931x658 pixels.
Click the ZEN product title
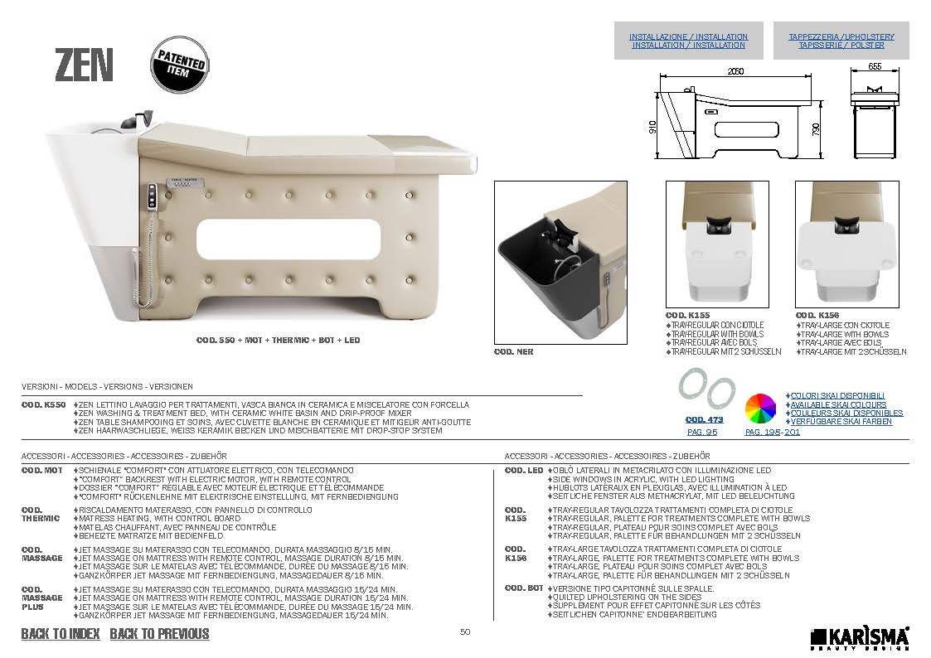(x=84, y=65)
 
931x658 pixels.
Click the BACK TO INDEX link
(x=61, y=634)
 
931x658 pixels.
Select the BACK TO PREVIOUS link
(x=160, y=634)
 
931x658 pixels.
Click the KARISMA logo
(x=860, y=638)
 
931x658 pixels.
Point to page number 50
(x=465, y=631)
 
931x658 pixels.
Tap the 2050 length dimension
(x=735, y=71)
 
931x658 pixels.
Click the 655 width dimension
(x=875, y=66)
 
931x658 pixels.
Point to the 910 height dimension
(x=652, y=127)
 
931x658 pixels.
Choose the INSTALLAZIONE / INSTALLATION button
(x=689, y=41)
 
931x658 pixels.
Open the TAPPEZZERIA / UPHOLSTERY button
(x=841, y=41)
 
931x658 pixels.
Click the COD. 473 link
(x=704, y=419)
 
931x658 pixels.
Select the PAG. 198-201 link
(x=773, y=432)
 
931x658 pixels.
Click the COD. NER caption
(x=514, y=352)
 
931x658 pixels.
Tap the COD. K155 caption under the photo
(x=687, y=316)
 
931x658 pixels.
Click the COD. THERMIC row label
(x=41, y=514)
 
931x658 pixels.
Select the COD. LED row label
(x=524, y=471)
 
